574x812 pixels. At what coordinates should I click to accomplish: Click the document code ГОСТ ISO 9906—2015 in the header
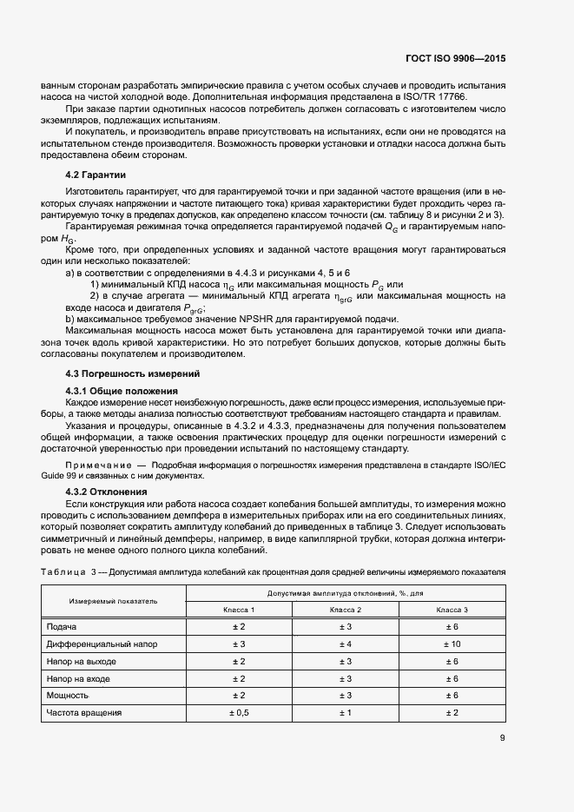(x=455, y=60)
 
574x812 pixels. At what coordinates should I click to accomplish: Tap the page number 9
(x=503, y=739)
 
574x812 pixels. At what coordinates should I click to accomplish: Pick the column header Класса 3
(x=452, y=610)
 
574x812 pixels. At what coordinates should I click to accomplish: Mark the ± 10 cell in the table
(x=452, y=644)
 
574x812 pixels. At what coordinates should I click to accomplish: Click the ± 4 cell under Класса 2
(x=345, y=644)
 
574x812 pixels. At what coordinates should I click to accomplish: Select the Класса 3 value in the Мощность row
(x=452, y=696)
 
